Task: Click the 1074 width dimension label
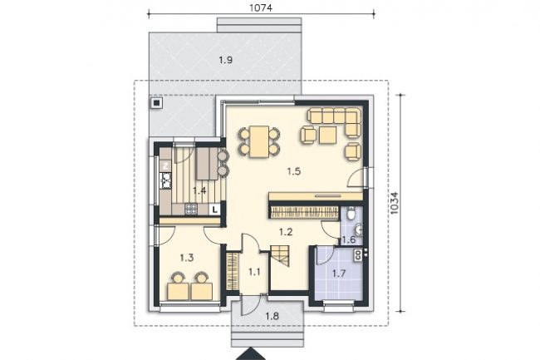pos(261,7)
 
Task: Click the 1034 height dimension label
pos(395,203)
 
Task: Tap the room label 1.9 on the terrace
pos(226,61)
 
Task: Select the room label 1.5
pos(294,171)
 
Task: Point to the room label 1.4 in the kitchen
pos(199,190)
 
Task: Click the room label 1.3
pos(187,258)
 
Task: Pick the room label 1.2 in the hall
pos(286,232)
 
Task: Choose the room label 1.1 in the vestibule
pos(254,272)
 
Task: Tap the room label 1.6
pos(349,239)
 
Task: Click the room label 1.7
pos(339,274)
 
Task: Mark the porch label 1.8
pos(272,316)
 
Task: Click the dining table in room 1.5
pos(259,141)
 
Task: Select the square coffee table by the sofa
pos(328,135)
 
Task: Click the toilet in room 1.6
pos(351,213)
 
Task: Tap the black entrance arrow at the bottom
pos(250,354)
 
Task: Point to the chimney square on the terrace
pos(157,102)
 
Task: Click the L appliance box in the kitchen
pos(215,210)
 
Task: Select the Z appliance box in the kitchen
pos(165,165)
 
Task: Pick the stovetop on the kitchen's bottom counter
pos(191,209)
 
